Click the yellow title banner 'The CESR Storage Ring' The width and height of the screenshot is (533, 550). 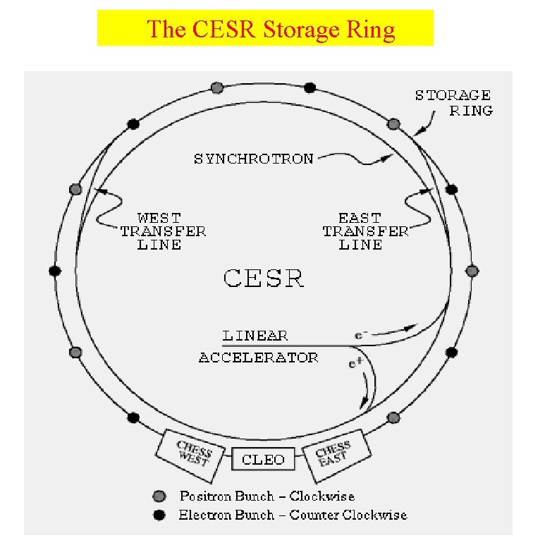(265, 29)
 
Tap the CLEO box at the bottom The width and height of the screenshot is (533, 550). (263, 459)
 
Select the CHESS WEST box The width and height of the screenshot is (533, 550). (190, 451)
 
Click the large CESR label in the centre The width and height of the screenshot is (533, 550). (264, 278)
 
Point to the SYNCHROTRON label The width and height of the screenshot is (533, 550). (253, 159)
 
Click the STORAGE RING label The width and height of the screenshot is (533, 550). (453, 103)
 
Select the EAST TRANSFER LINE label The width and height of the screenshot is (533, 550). (364, 231)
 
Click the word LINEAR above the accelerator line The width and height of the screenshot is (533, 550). (255, 336)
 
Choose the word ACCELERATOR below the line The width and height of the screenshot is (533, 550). (258, 357)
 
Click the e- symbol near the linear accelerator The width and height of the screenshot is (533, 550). (360, 336)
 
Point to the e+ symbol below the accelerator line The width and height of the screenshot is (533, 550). (355, 364)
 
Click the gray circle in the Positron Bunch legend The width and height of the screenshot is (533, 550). (160, 496)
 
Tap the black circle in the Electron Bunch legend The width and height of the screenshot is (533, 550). (160, 515)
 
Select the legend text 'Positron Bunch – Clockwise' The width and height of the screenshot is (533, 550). (266, 496)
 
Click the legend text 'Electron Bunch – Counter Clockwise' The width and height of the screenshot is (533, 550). (293, 515)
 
